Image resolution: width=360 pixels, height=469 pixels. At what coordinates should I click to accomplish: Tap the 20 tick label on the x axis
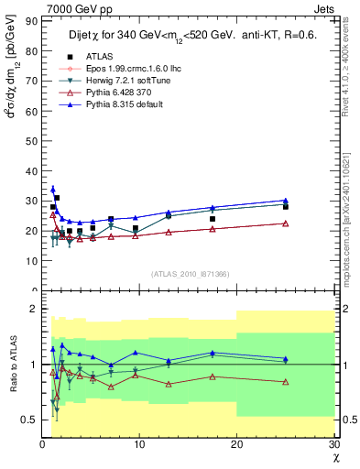(236, 444)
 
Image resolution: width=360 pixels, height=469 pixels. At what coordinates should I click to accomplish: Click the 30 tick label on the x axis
(333, 444)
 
